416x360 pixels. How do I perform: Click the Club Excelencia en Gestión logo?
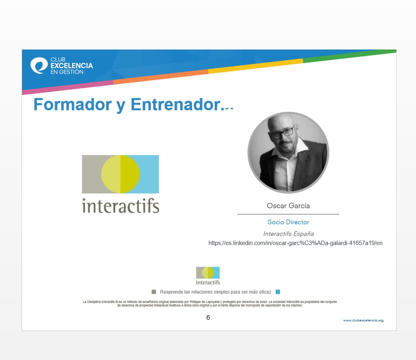click(x=61, y=65)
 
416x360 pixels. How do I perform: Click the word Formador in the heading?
click(x=72, y=104)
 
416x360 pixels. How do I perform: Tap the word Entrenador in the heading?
click(x=176, y=104)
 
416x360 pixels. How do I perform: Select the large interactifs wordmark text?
click(x=121, y=206)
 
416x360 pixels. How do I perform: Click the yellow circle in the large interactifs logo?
click(x=121, y=174)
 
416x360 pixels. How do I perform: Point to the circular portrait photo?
click(x=288, y=152)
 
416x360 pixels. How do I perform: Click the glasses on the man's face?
click(x=282, y=132)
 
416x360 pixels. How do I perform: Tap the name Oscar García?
click(x=288, y=206)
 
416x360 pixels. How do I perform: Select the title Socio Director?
click(x=288, y=222)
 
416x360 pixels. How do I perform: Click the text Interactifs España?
click(x=288, y=234)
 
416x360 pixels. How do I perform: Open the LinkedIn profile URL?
click(x=295, y=243)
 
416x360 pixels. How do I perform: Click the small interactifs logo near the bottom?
click(x=208, y=276)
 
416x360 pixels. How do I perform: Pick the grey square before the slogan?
click(x=154, y=292)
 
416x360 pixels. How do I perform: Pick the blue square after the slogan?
click(x=278, y=292)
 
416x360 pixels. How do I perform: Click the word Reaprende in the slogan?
click(x=171, y=292)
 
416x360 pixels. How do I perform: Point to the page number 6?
click(x=208, y=317)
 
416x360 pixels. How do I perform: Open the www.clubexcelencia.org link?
click(x=363, y=320)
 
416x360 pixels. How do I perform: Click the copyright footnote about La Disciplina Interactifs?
click(x=210, y=304)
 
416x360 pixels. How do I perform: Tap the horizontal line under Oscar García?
click(x=288, y=214)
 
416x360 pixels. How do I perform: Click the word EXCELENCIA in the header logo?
click(x=72, y=65)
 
